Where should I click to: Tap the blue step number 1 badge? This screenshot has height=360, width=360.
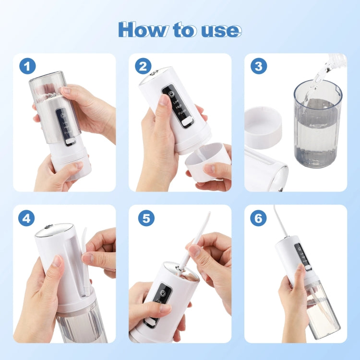coord(28,66)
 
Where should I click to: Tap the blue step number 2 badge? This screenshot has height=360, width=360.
coord(143,66)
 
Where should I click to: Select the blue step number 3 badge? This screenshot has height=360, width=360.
coord(258,66)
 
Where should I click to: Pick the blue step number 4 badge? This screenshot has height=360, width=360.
coord(28,218)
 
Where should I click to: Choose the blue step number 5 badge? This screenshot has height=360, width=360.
coord(146,218)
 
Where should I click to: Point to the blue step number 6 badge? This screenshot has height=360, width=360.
coord(258,218)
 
